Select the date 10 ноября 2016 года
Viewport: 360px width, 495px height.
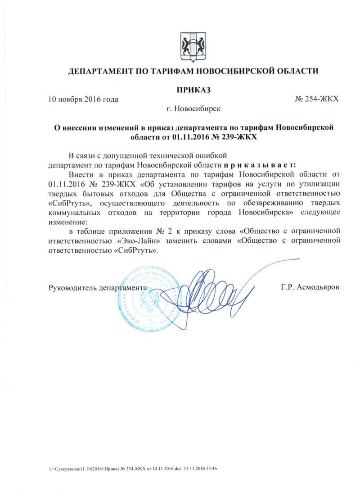pos(83,99)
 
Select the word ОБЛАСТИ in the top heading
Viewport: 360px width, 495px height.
pos(297,71)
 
